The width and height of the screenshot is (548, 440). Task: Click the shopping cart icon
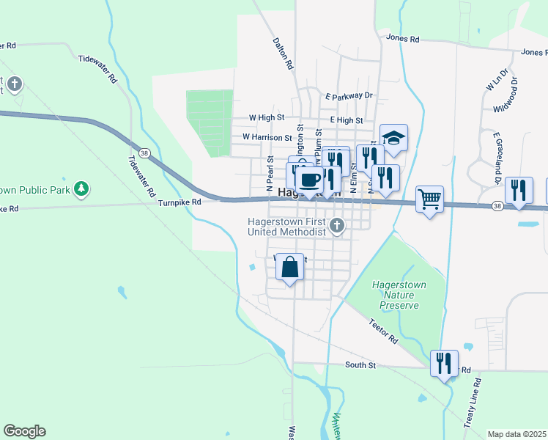[429, 198]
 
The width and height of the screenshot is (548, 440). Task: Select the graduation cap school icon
[393, 138]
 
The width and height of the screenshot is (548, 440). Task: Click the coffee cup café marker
[310, 179]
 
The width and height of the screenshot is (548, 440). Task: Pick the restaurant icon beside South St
[444, 363]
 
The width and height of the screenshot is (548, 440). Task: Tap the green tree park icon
[82, 189]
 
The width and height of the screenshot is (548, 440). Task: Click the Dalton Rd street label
[282, 54]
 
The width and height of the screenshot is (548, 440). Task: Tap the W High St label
[267, 117]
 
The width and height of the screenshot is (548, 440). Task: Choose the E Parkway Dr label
[349, 95]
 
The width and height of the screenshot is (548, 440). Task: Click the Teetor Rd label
[383, 331]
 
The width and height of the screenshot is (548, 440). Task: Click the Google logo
[24, 431]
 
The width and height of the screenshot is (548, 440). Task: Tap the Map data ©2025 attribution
[516, 434]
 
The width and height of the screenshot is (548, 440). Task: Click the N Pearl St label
[270, 168]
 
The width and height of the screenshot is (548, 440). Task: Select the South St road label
[360, 364]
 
